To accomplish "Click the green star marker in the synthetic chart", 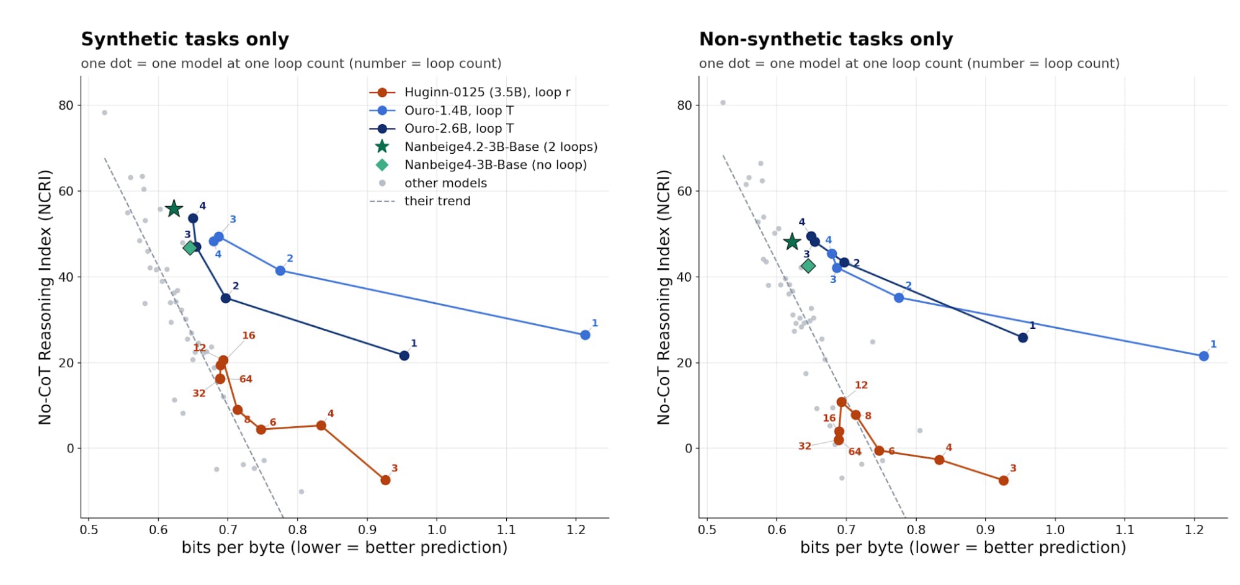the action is [174, 208].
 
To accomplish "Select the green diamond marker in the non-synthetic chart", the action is [808, 266].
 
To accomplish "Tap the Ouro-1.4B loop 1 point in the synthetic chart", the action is [585, 335].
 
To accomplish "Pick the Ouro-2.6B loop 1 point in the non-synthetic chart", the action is [1023, 337].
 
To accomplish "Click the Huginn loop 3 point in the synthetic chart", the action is [385, 480].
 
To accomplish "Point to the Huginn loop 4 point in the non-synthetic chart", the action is [939, 460].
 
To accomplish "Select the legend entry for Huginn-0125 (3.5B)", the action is [470, 92].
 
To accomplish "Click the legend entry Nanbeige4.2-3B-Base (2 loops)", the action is [483, 147].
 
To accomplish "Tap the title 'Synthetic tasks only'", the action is [185, 39].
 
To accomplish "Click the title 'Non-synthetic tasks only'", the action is [826, 39].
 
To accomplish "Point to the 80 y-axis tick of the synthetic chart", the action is [66, 105].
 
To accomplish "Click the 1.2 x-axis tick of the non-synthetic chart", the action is [1194, 530].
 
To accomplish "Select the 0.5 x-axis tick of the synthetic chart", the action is [89, 530].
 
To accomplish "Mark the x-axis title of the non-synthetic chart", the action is [963, 548].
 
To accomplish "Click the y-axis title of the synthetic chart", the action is [45, 297].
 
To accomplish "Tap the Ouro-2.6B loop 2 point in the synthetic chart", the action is [226, 298].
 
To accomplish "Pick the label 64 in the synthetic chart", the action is [246, 379].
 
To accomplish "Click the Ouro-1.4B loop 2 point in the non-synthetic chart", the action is [899, 298].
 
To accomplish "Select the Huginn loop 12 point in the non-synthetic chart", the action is [841, 402].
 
